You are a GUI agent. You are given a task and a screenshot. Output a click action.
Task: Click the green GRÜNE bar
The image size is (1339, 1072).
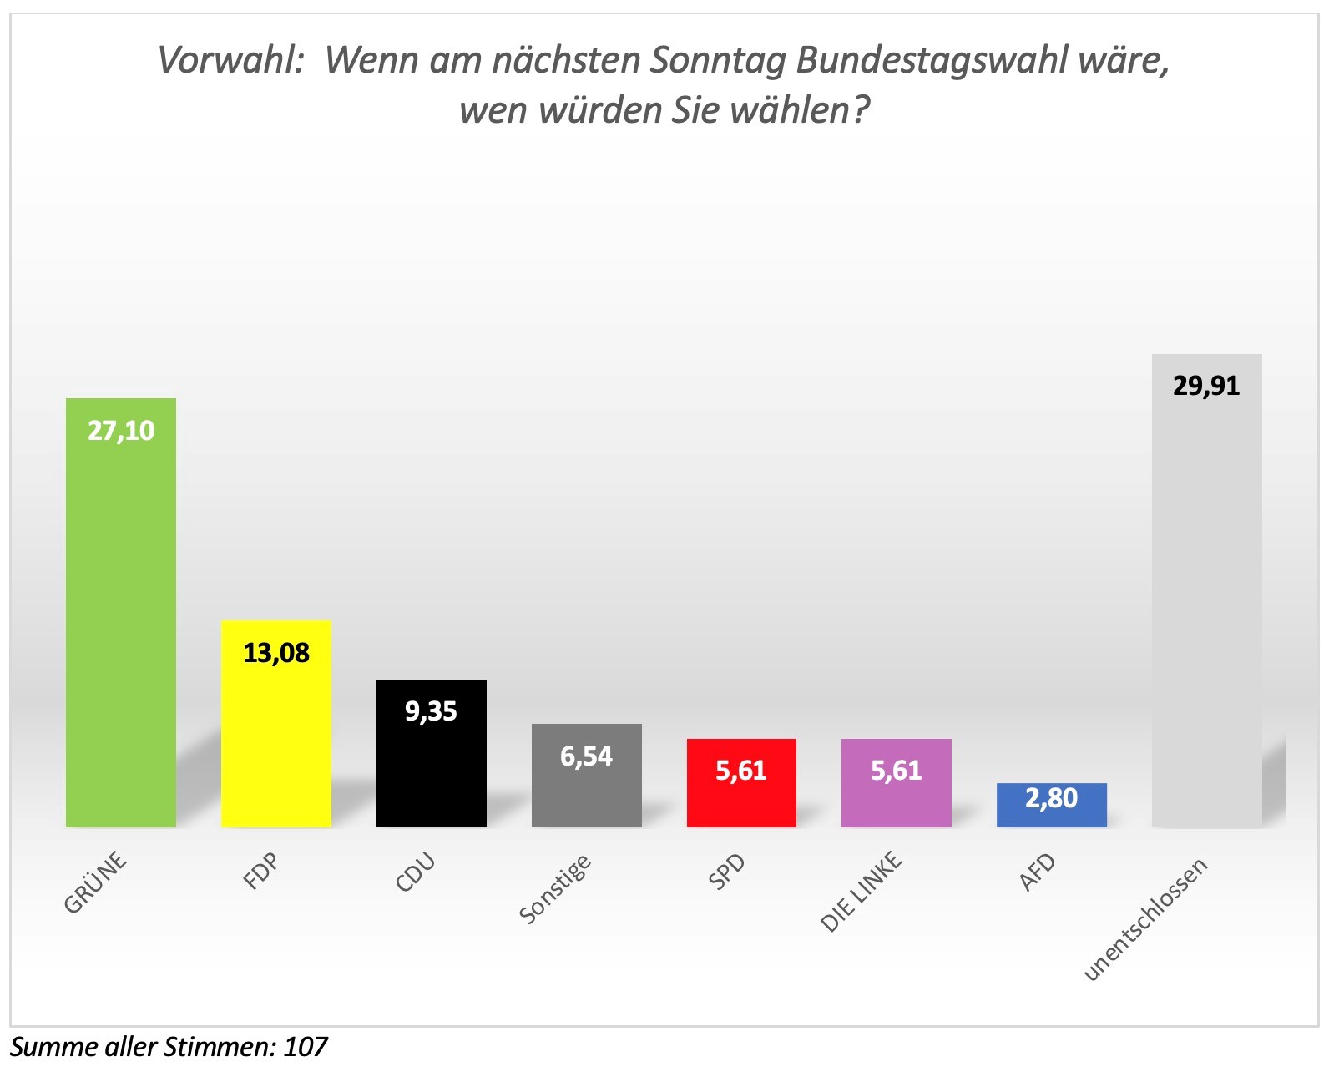coord(121,613)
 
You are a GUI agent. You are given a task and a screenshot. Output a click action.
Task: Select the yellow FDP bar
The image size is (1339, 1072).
coord(276,724)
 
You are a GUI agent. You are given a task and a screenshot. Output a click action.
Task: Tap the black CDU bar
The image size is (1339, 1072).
coord(432,753)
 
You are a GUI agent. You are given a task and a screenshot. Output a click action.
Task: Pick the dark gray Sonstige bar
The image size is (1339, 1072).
coord(587,776)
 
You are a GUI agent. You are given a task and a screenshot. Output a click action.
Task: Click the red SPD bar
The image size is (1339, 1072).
coord(741,783)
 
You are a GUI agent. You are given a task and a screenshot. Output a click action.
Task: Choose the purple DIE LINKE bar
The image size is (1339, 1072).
coord(897,783)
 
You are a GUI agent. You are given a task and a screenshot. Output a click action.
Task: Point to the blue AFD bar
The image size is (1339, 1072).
coord(1052,805)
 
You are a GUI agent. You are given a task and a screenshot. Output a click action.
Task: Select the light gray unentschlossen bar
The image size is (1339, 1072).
coord(1207,591)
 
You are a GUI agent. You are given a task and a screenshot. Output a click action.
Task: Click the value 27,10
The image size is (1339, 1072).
coord(121,432)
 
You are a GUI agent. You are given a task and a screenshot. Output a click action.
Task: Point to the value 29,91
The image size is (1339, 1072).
coord(1206,387)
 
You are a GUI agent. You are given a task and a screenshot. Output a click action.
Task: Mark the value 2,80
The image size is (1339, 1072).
coord(1052,799)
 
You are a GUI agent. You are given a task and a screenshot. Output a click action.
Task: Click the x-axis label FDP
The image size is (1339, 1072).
coord(260,872)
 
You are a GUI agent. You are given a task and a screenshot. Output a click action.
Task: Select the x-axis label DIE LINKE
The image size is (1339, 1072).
coord(862,892)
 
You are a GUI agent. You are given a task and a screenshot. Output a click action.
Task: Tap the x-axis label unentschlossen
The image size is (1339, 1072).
coord(1145,920)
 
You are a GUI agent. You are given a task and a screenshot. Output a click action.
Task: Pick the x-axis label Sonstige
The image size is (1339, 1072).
coord(555,890)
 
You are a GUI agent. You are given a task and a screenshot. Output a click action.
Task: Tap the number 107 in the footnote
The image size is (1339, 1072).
coord(306,1048)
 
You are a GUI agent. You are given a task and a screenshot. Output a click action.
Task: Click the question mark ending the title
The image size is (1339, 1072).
coord(861,110)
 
